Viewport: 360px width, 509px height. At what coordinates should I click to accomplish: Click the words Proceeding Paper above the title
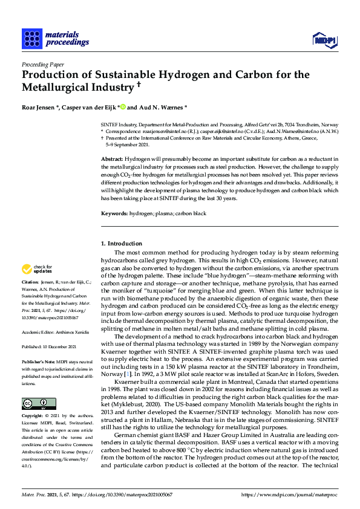point(42,64)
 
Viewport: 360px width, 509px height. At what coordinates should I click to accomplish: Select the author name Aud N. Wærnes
point(162,106)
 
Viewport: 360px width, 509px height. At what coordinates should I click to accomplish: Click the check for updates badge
point(37,269)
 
